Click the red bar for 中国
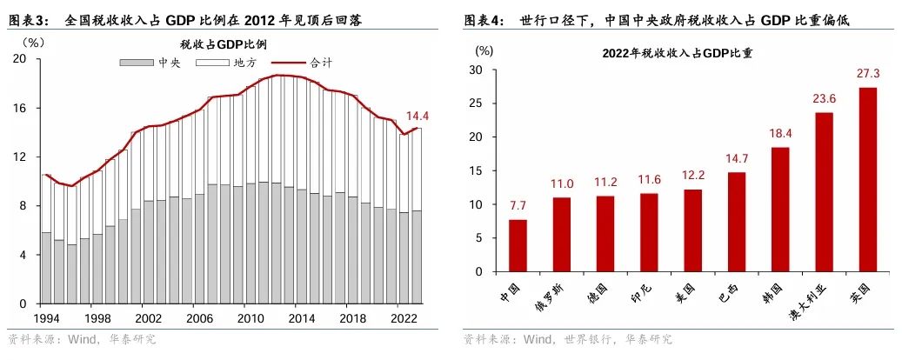tap(518, 245)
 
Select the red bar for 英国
tap(867, 179)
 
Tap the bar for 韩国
tap(780, 209)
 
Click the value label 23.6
tap(823, 98)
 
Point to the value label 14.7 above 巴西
tap(736, 158)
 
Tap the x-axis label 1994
tap(46, 319)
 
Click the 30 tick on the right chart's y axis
tap(477, 69)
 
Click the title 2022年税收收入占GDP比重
tap(677, 53)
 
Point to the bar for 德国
tap(605, 233)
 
